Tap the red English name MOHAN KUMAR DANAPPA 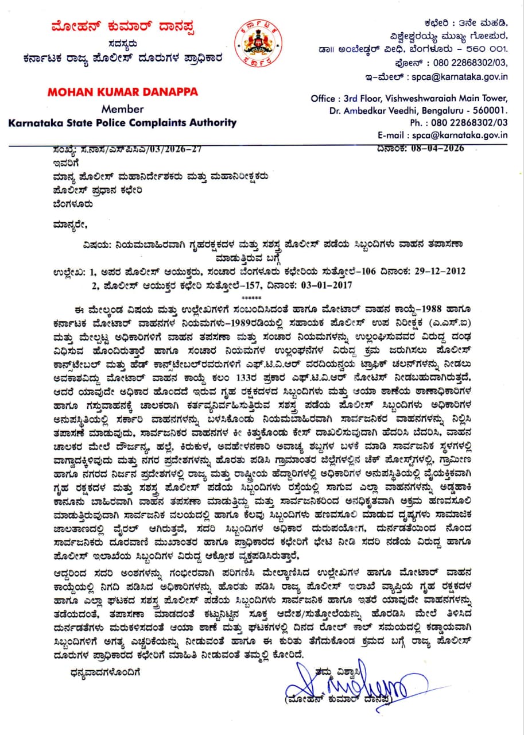123,92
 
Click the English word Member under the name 122,109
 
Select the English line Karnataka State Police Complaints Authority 122,122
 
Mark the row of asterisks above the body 251,297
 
